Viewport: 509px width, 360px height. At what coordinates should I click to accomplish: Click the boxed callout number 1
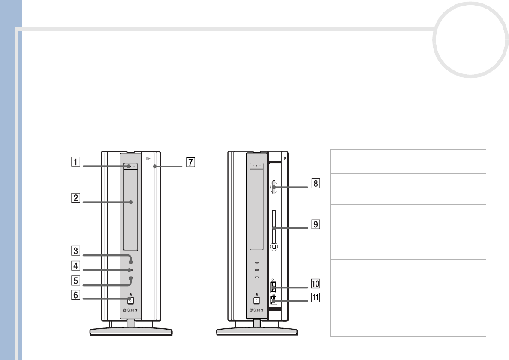tap(75, 162)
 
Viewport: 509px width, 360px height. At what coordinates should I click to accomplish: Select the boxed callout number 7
tap(190, 163)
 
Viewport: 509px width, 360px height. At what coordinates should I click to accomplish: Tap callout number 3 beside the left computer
tap(75, 251)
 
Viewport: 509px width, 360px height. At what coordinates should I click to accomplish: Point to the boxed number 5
tap(75, 281)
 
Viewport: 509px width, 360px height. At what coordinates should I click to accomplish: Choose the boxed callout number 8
tap(316, 183)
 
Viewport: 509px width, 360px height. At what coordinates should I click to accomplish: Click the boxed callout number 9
tap(316, 224)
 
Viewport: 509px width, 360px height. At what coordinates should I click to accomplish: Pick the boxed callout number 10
tap(316, 284)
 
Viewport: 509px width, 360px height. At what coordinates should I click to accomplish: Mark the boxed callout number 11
tap(316, 297)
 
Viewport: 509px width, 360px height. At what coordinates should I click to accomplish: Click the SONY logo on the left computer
tap(130, 310)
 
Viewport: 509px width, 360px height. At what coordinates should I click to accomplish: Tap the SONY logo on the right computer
tap(257, 310)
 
